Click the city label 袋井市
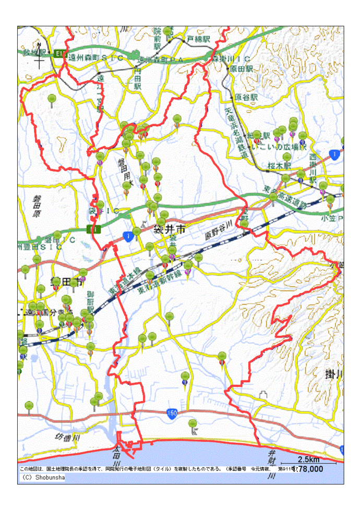(x=170, y=228)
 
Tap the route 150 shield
(x=173, y=414)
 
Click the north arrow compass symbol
(x=40, y=56)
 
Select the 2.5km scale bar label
(x=308, y=460)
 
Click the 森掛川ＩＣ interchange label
(x=232, y=58)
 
